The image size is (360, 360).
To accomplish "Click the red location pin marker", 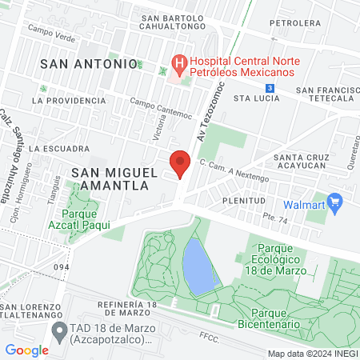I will coord(180,165).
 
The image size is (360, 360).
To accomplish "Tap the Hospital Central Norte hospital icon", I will coord(179,62).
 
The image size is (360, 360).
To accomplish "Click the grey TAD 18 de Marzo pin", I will coord(58,330).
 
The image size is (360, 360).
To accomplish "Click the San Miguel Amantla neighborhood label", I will coord(110,178).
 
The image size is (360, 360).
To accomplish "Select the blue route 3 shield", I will coord(271,87).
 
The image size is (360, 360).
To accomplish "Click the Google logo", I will coord(26,350).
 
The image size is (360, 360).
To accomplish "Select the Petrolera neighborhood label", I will coord(290,23).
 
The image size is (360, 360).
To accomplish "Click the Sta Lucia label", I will coord(256,98).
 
